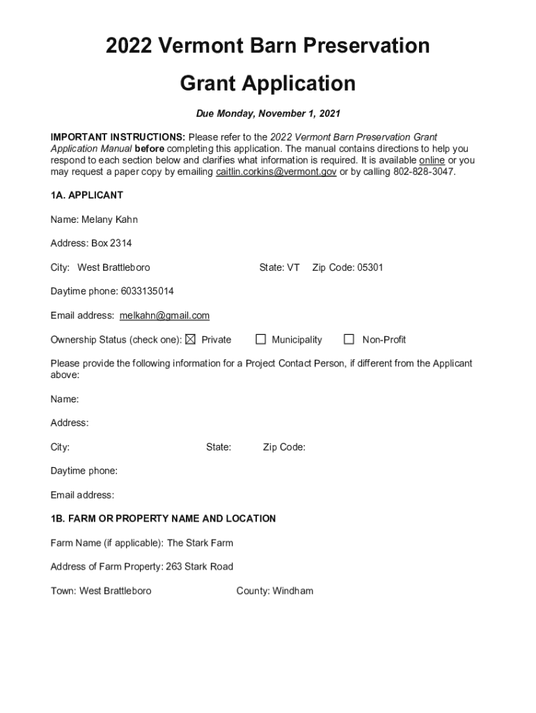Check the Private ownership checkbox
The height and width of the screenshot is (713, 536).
(x=191, y=340)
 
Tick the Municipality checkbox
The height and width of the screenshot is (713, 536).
(x=261, y=340)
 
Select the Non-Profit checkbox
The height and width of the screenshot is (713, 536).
(x=349, y=340)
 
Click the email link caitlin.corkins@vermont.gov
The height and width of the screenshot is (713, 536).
(x=276, y=172)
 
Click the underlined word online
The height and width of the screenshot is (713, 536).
(x=432, y=160)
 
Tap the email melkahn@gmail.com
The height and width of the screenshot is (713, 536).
(x=164, y=315)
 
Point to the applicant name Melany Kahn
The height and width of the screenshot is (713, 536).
(x=109, y=219)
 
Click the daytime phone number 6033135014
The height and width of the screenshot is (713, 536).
(x=143, y=291)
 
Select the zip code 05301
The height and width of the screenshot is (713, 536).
(x=370, y=267)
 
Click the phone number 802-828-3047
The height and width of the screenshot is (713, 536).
(x=424, y=172)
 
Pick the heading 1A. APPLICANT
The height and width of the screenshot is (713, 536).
(x=87, y=195)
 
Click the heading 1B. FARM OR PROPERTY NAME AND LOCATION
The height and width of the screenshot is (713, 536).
(x=163, y=519)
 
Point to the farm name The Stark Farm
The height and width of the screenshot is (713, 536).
(x=200, y=542)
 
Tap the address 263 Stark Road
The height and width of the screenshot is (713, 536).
(x=199, y=567)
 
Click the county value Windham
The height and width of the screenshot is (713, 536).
(x=293, y=591)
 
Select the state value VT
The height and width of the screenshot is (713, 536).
(x=293, y=267)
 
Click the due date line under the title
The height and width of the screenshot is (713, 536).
(x=268, y=113)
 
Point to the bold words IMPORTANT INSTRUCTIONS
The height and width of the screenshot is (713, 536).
(x=118, y=137)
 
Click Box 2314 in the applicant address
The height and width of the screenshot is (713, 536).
(x=111, y=243)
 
